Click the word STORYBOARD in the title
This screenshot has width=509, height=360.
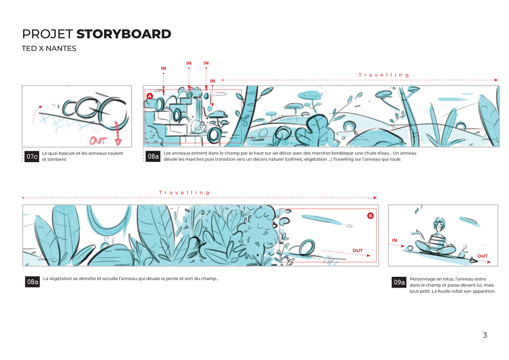tap(124, 34)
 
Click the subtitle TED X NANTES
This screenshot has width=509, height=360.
tap(49, 49)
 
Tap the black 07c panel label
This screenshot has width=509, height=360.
tap(32, 157)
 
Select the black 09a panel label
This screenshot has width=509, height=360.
tap(399, 282)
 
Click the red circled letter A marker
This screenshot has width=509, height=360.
tap(149, 96)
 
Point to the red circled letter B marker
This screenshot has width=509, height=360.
tap(370, 216)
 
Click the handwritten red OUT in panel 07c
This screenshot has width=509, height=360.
tap(98, 140)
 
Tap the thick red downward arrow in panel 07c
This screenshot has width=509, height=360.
tap(118, 133)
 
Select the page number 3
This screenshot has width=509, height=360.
tap(485, 335)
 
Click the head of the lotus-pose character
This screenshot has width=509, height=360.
tap(439, 224)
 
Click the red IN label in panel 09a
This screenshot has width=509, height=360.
tap(394, 240)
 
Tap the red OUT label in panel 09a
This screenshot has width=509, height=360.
tap(482, 256)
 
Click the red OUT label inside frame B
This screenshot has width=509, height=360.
tap(357, 251)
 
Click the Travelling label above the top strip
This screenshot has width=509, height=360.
tap(383, 75)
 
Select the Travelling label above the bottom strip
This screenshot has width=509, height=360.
tap(184, 192)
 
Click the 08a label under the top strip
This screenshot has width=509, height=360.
tap(153, 156)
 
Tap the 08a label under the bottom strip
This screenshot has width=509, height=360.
tap(32, 282)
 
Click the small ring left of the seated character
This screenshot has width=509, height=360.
tap(409, 248)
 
